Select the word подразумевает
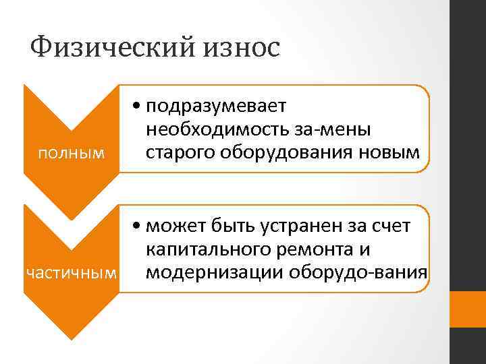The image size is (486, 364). point(215,107)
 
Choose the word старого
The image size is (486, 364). point(177,152)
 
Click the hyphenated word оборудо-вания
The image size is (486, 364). point(358,272)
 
